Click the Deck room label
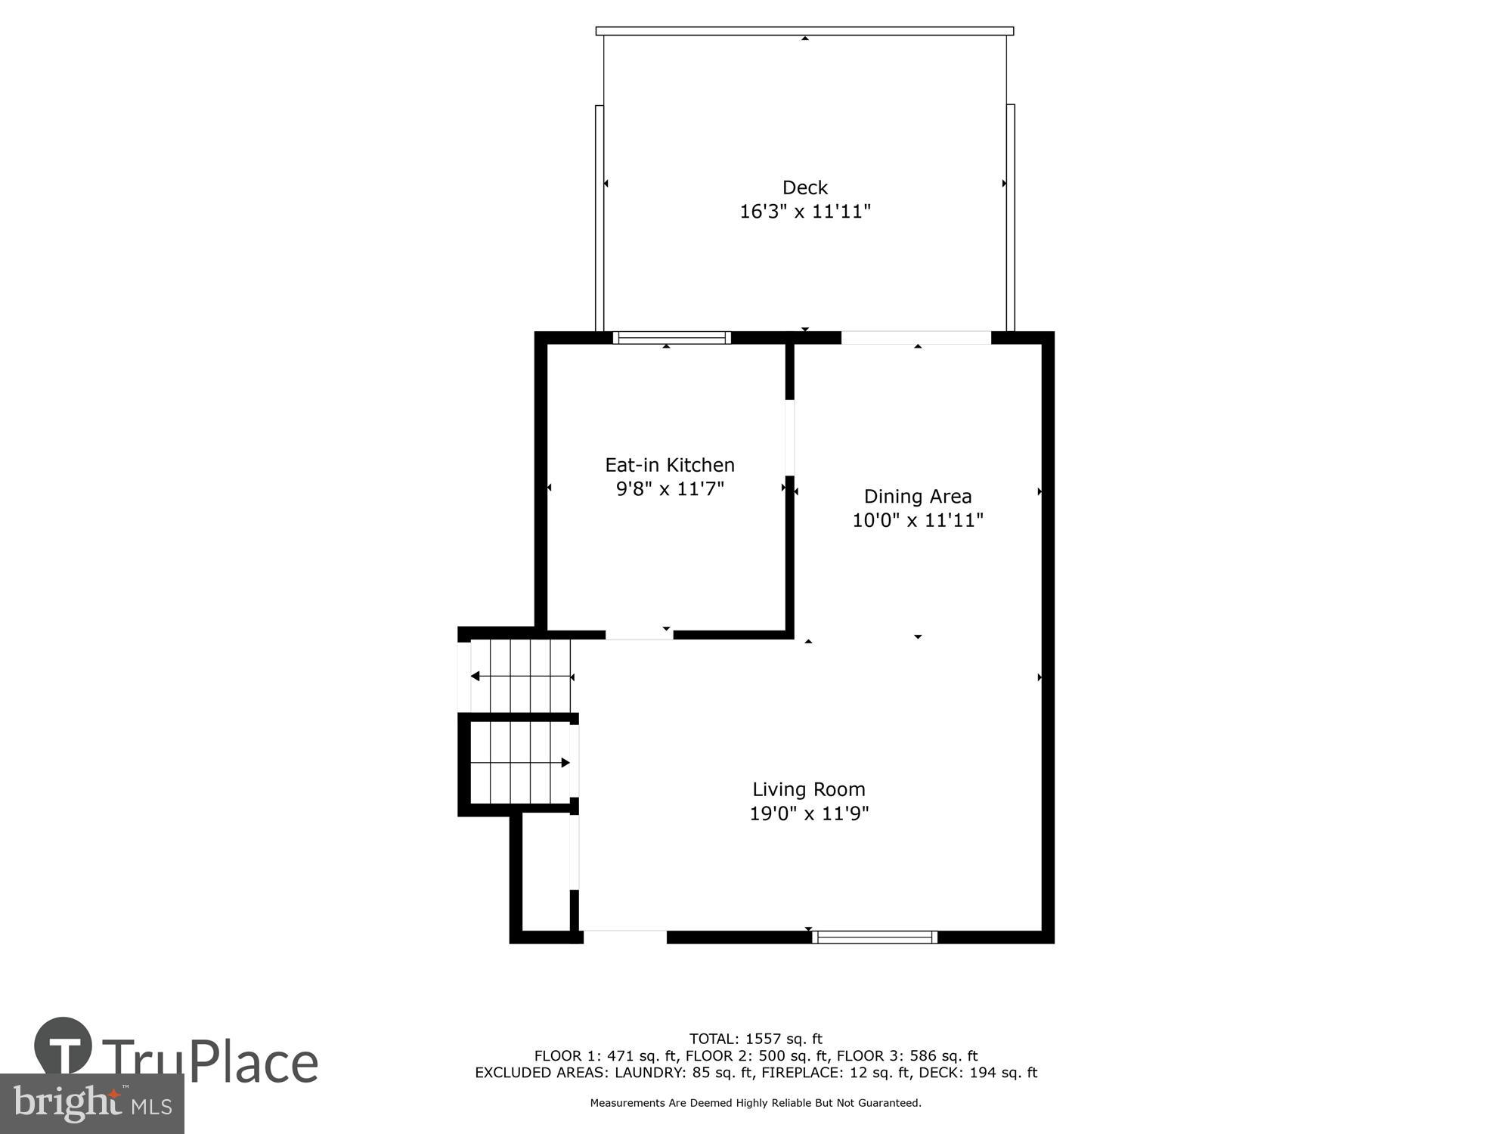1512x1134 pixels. pos(804,187)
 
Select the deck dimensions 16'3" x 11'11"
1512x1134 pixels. pos(804,212)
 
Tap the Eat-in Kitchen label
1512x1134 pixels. pos(670,465)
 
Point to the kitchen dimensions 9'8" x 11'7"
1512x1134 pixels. pos(670,489)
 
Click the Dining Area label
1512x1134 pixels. pos(917,497)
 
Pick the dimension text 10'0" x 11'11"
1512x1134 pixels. pos(917,521)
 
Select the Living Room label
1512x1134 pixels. pos(808,789)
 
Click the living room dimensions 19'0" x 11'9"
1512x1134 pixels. pos(808,813)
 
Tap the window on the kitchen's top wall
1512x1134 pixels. pos(671,338)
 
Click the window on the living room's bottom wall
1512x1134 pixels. pos(875,937)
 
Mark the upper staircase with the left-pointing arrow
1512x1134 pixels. pos(520,676)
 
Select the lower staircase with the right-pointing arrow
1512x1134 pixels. pos(520,763)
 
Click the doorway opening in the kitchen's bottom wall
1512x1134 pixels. pos(639,635)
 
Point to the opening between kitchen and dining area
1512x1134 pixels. pos(789,437)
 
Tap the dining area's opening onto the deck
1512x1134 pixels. pos(916,338)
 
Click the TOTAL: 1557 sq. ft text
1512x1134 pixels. pos(755,1039)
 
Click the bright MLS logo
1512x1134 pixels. pos(92,1104)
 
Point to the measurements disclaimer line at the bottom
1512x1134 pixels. pos(755,1103)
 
